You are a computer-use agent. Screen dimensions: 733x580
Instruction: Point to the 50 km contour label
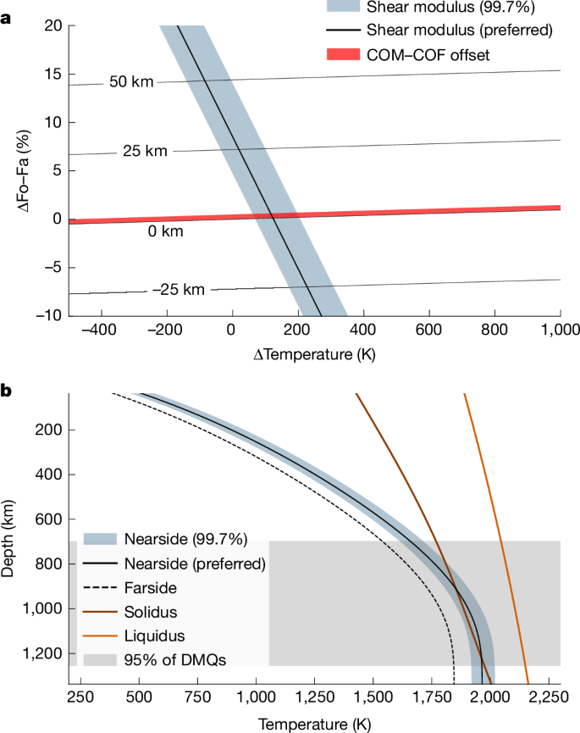131,82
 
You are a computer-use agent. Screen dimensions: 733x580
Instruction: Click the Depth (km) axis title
11,538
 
